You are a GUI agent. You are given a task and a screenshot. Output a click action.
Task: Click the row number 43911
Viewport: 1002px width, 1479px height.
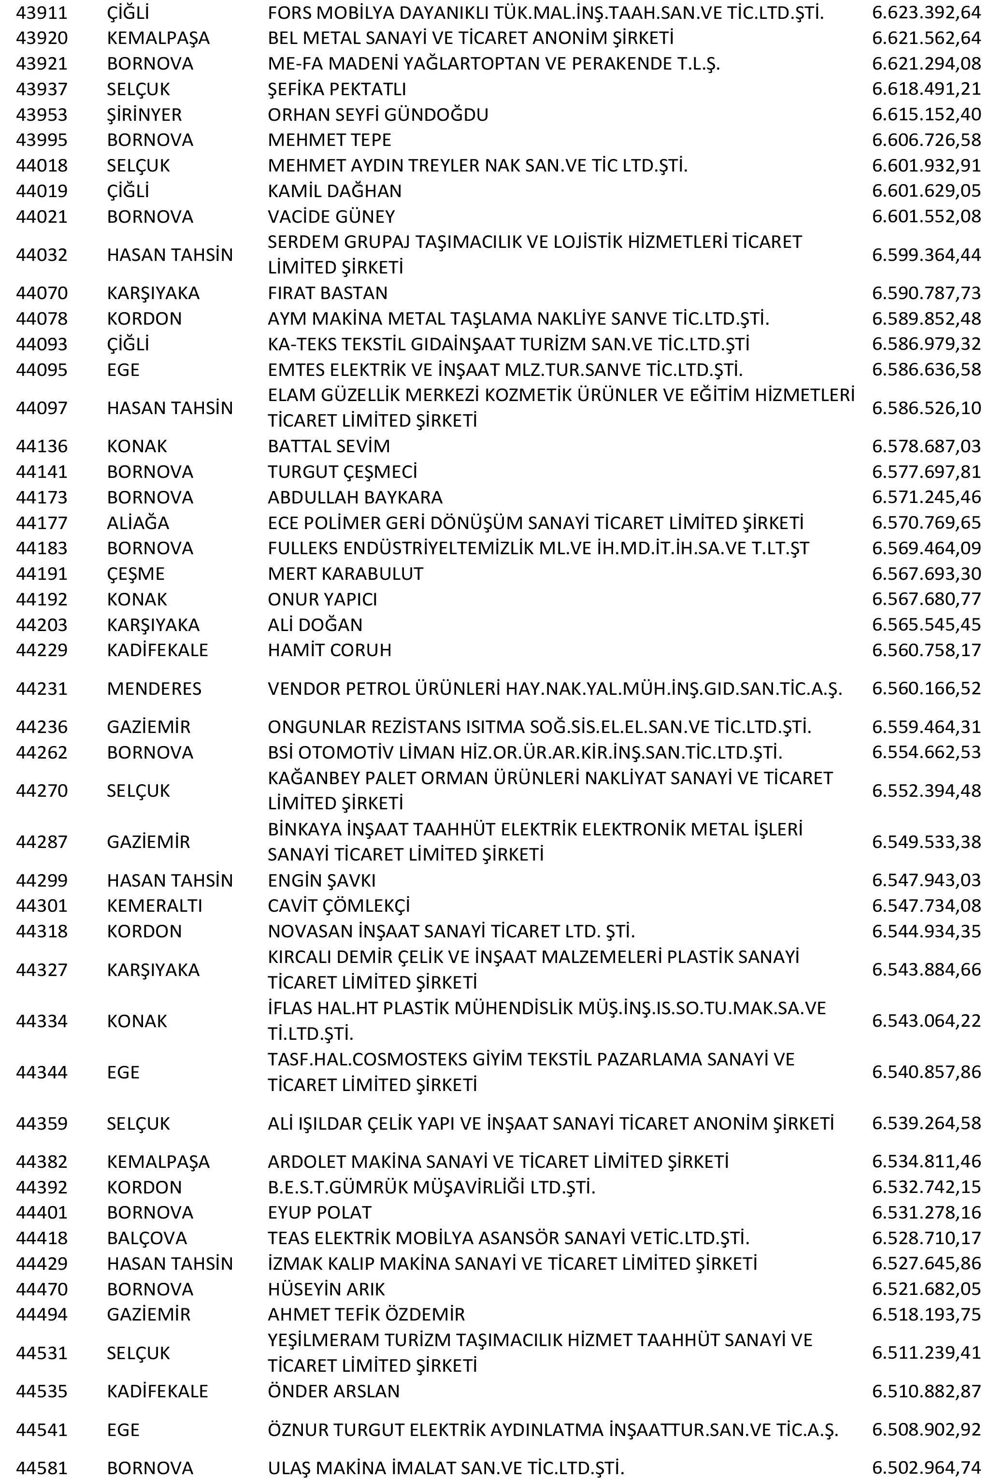(x=42, y=13)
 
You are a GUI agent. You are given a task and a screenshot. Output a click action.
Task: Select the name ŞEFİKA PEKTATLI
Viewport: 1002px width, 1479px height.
(x=337, y=89)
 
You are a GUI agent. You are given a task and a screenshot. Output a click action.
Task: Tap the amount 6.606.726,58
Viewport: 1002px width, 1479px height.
(x=926, y=140)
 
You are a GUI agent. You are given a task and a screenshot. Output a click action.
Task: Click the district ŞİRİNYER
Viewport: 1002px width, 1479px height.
(x=144, y=115)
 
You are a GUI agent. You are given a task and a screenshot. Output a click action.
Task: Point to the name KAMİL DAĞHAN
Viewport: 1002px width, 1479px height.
(x=335, y=191)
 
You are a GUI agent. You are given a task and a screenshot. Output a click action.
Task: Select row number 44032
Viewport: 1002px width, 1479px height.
(x=42, y=255)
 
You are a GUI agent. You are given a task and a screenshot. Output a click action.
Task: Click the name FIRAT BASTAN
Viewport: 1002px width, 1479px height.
(x=327, y=293)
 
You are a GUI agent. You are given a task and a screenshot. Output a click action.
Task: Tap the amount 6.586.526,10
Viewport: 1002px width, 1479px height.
(x=926, y=408)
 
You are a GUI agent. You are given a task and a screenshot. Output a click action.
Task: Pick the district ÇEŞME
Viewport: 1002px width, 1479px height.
(x=135, y=574)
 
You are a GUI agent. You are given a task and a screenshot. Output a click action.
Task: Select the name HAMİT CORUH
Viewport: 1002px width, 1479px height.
(x=329, y=650)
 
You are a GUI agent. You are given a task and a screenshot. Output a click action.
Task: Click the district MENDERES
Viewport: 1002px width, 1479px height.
(x=154, y=689)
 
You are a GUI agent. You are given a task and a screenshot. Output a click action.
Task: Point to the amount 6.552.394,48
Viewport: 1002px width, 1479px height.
(x=926, y=790)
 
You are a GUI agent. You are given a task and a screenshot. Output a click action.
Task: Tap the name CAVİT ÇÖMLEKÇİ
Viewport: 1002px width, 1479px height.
(x=339, y=905)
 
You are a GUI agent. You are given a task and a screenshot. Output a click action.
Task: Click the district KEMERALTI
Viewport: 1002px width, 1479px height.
(x=154, y=905)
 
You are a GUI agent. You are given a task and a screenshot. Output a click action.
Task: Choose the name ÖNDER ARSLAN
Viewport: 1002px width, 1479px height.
(x=333, y=1391)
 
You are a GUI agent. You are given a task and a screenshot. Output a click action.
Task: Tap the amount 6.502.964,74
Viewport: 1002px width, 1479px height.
(x=926, y=1467)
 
